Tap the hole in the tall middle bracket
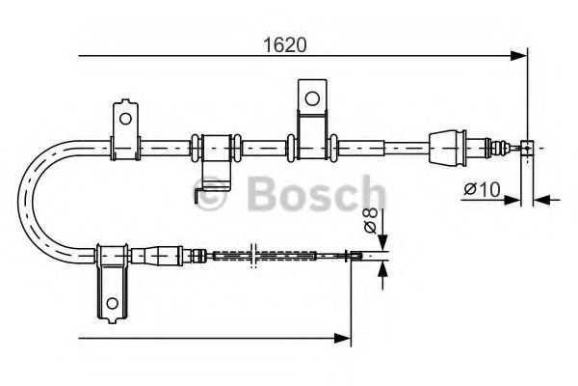click(x=310, y=97)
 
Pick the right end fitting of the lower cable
click(x=355, y=256)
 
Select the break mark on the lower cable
click(x=251, y=256)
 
